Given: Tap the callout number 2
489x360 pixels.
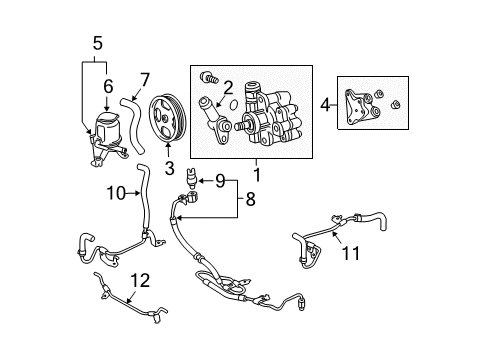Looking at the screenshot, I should point(228,87).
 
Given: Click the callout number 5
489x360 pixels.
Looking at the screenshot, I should point(96,44).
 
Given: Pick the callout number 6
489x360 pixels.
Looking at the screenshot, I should point(108,87).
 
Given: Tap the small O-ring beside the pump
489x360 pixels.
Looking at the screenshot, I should point(231,103).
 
